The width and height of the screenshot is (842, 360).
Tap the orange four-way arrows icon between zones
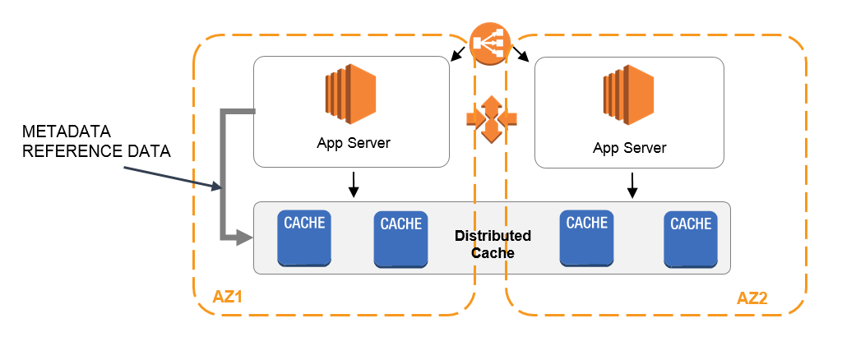(x=491, y=119)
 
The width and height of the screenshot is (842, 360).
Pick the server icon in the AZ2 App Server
(x=629, y=92)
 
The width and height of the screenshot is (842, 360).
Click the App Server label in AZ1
(x=354, y=143)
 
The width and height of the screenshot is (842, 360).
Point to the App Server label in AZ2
(x=629, y=148)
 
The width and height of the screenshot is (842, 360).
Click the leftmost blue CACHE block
(x=304, y=238)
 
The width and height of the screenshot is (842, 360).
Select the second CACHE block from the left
(x=401, y=238)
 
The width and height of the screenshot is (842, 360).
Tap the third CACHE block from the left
(x=587, y=238)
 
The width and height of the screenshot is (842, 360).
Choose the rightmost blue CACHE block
(x=691, y=238)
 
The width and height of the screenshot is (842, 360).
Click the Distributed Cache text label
(x=493, y=244)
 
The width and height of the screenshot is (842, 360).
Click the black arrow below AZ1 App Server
(x=354, y=185)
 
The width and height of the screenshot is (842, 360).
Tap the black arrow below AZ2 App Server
(x=632, y=185)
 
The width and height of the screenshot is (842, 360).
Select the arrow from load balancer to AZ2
(x=522, y=54)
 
